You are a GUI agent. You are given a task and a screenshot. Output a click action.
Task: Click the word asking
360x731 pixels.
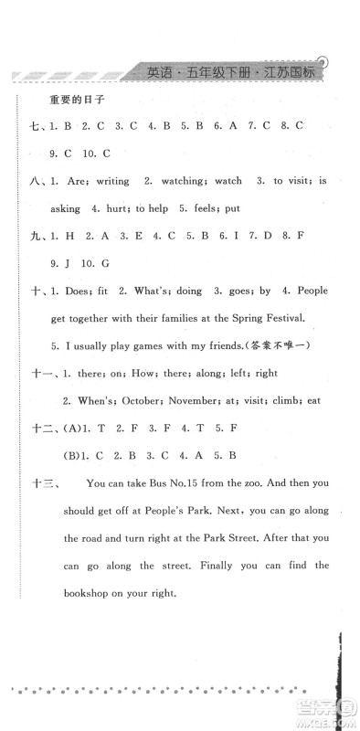(57, 207)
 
